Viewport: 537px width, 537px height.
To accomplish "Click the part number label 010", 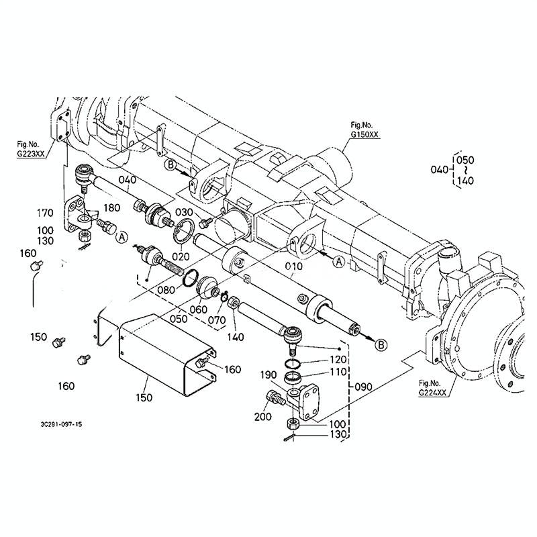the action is tap(293, 266).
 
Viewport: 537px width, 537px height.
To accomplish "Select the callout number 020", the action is tap(181, 256).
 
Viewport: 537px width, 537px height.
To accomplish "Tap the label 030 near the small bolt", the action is tap(184, 212).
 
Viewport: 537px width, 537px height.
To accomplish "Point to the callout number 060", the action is tap(199, 309).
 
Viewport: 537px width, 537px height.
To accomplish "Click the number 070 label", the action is tap(217, 320).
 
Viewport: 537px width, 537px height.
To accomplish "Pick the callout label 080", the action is tap(166, 290).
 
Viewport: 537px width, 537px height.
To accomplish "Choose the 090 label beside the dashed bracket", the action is tap(363, 387).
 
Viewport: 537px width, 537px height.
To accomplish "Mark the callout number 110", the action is tap(338, 372).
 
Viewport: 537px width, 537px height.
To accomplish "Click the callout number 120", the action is tap(338, 360).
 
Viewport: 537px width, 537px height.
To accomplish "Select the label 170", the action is tap(45, 213).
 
